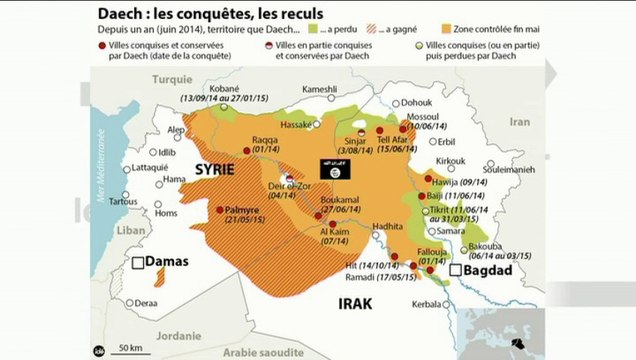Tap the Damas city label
(166, 262)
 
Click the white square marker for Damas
(137, 264)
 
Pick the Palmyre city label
(243, 211)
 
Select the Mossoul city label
(425, 117)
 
